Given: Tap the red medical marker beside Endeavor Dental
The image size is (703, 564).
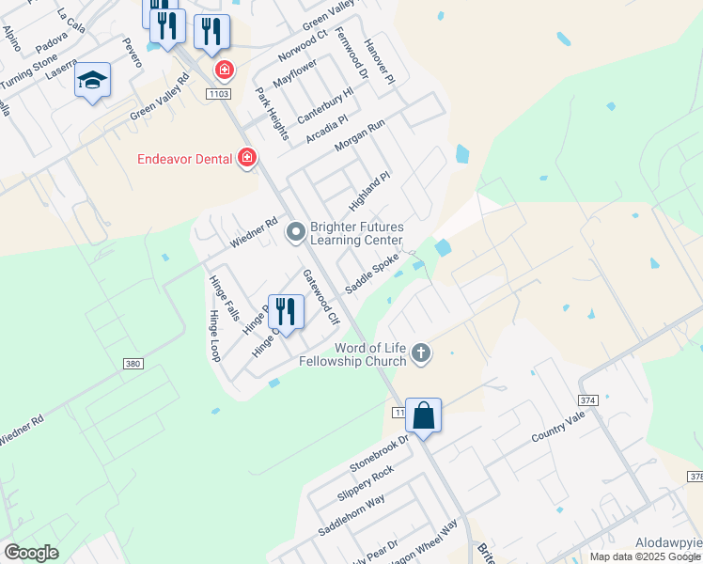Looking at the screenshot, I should pos(247,158).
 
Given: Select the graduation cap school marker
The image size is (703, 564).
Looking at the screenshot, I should pos(93,81).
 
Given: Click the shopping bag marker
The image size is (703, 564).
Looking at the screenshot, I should pos(424,415).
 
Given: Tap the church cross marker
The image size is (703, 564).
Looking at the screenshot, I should pos(421,353).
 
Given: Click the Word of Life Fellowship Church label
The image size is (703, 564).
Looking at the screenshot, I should pos(352,353).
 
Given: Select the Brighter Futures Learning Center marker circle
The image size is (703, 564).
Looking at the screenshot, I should pos(296,231).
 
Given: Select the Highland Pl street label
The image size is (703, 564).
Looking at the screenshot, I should pos(368,191).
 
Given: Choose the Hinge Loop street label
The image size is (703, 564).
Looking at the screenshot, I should pos(214,336).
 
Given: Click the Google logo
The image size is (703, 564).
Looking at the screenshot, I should pos(31,553).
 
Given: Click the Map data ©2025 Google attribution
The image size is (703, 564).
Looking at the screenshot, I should pos(645,556).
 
